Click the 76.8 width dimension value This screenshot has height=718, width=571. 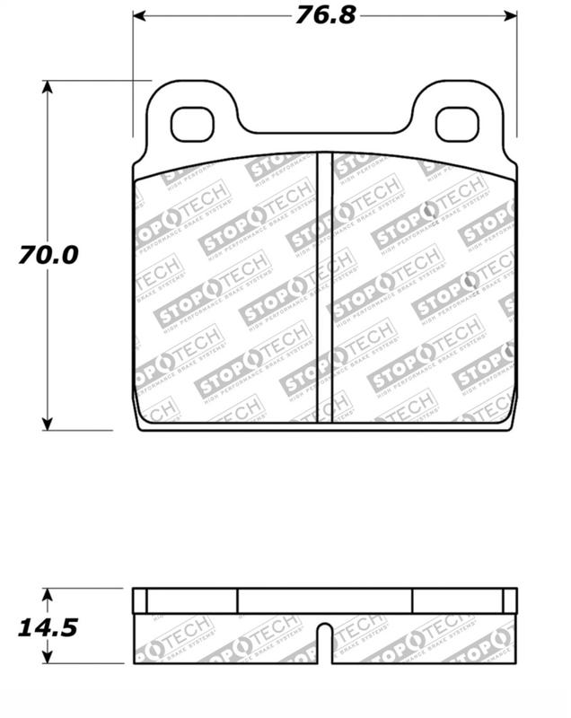325,15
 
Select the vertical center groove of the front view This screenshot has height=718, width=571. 325,287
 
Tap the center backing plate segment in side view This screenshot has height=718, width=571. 325,600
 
